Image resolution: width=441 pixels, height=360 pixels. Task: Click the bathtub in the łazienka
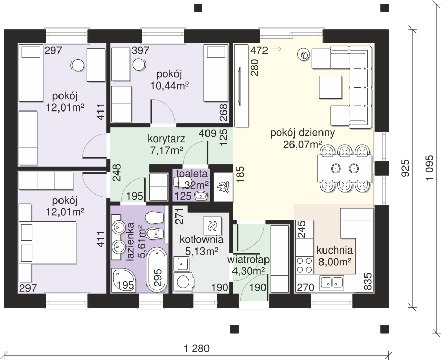click(157, 270)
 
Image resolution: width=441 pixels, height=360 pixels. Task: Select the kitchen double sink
click(332, 282)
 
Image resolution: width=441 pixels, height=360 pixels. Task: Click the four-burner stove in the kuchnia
click(305, 265)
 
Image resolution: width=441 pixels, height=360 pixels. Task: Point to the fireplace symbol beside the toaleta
click(224, 187)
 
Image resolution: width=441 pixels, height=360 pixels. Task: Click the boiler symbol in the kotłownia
click(212, 226)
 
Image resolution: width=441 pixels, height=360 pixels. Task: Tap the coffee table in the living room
click(331, 87)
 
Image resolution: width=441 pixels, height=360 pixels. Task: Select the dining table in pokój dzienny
click(345, 169)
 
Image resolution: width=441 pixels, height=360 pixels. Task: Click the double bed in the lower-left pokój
click(48, 242)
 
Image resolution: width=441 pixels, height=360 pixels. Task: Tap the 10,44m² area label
click(169, 86)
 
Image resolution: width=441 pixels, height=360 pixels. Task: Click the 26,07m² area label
click(303, 145)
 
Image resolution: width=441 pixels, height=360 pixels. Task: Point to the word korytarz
click(166, 139)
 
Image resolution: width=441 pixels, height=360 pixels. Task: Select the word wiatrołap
click(248, 259)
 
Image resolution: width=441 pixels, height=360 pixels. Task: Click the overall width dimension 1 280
click(197, 349)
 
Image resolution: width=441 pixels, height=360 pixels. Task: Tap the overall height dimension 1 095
click(430, 168)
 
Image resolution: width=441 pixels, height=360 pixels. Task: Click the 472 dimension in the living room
click(259, 50)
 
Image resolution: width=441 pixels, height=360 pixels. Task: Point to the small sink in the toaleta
click(201, 195)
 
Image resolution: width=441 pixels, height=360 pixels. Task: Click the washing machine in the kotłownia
click(183, 282)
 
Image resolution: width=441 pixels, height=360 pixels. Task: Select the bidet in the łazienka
click(155, 234)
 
